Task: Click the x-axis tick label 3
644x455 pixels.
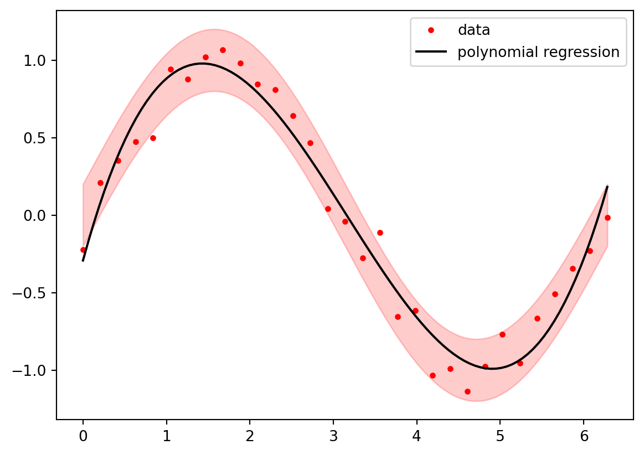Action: click(333, 436)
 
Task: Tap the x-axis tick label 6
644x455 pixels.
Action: click(584, 436)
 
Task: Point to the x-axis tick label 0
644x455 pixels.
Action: click(83, 436)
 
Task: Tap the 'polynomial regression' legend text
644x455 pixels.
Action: click(538, 53)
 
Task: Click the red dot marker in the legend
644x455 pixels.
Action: click(431, 30)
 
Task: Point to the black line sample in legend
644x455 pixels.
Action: click(431, 53)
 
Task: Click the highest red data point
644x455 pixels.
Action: click(223, 50)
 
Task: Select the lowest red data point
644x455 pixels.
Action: click(467, 391)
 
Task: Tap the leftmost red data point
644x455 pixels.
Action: click(83, 250)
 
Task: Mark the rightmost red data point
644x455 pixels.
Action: click(607, 218)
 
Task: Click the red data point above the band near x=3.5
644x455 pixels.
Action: click(380, 232)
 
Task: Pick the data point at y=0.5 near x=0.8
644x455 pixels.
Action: click(153, 138)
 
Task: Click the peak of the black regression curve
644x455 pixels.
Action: click(203, 64)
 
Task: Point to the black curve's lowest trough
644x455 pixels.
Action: click(492, 369)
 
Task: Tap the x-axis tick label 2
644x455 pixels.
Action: click(250, 436)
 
